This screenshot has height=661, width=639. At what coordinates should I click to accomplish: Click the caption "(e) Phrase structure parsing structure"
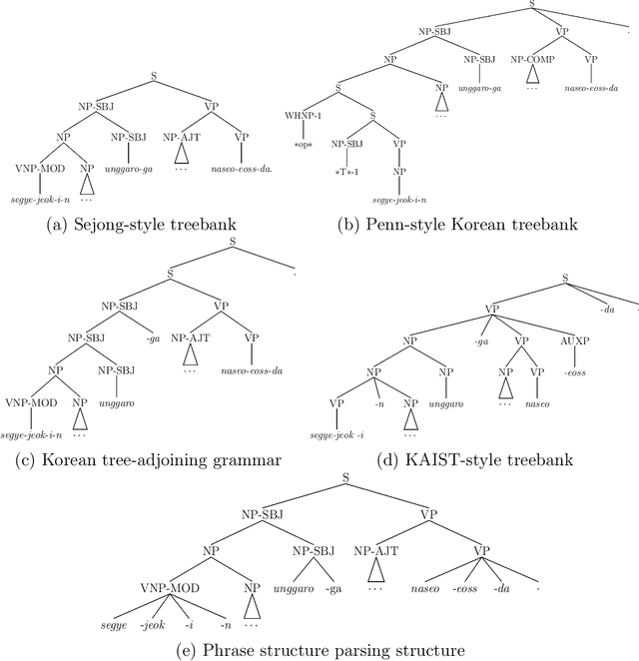(319, 651)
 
